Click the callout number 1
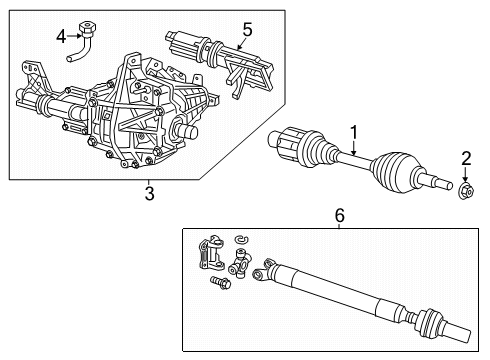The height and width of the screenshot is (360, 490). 352,130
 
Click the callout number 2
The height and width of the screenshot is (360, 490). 465,157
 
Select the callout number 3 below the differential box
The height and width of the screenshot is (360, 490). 148,193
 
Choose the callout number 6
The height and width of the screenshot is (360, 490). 338,214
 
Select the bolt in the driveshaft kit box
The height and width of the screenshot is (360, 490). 219,283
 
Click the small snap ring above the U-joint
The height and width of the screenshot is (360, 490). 240,240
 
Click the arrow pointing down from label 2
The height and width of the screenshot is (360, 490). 466,172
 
